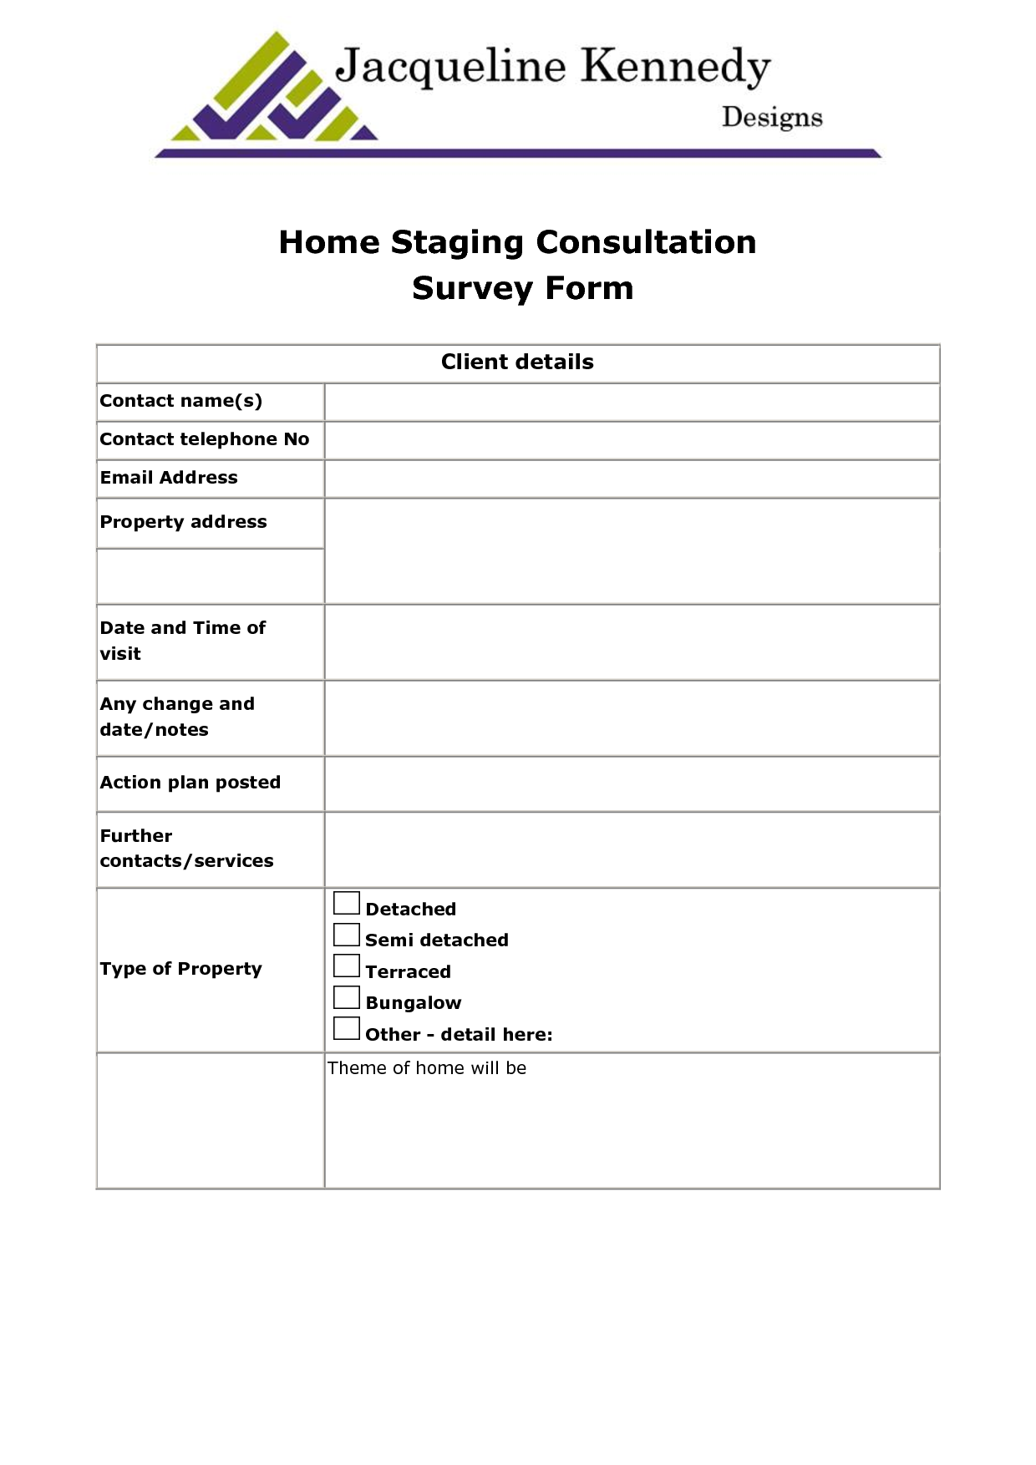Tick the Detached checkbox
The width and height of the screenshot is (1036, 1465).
(x=346, y=903)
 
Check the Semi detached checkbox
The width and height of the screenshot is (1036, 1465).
(x=346, y=935)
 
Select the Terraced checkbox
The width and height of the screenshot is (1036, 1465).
(x=346, y=966)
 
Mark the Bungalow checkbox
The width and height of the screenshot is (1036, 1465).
(x=346, y=997)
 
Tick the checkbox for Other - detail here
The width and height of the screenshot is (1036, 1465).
(x=346, y=1028)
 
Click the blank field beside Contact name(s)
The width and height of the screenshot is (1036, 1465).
(x=632, y=402)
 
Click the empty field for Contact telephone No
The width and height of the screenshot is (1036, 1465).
(x=632, y=440)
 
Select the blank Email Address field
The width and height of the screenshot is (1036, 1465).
(x=632, y=479)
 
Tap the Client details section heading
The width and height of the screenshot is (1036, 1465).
(x=517, y=362)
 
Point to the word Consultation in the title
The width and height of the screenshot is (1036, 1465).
(x=646, y=242)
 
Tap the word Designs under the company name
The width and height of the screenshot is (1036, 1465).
(x=772, y=118)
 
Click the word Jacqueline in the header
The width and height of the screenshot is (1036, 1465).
(x=450, y=67)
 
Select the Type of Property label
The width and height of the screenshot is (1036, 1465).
(x=181, y=969)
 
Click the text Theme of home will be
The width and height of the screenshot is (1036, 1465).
(x=427, y=1068)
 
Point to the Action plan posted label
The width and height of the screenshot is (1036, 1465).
(x=190, y=783)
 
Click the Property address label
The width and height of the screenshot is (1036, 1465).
(x=184, y=522)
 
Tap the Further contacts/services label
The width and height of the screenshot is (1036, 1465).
(x=186, y=848)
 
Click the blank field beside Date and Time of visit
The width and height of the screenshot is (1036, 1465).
(x=632, y=641)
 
